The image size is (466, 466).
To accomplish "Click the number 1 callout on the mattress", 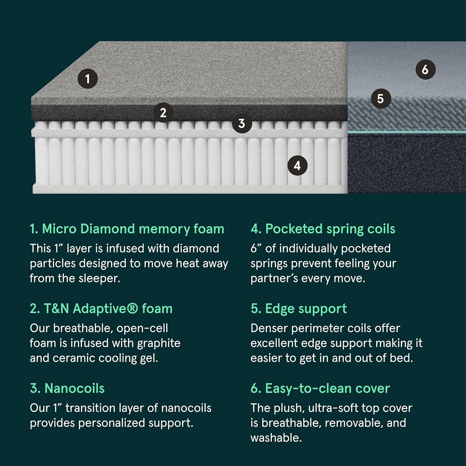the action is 88,79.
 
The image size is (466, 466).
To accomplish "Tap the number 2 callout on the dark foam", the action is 163,112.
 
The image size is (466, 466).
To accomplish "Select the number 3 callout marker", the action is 242,123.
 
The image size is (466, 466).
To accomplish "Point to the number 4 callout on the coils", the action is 297,166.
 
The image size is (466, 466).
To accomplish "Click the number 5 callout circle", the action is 381,99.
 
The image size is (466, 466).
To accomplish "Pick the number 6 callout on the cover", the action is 425,69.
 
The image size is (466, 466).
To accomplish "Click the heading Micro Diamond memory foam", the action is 127,229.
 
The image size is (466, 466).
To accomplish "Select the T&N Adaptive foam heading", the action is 101,309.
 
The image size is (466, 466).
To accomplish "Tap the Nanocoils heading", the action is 67,388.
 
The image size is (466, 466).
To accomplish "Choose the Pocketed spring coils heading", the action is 323,229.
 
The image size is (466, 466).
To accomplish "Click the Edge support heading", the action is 299,309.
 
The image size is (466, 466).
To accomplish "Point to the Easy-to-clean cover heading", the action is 320,389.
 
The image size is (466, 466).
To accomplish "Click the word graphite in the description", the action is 159,344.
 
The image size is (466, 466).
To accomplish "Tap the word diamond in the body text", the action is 196,249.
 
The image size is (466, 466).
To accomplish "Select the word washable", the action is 276,438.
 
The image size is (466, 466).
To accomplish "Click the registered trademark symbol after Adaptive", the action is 133,308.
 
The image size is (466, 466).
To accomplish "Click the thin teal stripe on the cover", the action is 407,132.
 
